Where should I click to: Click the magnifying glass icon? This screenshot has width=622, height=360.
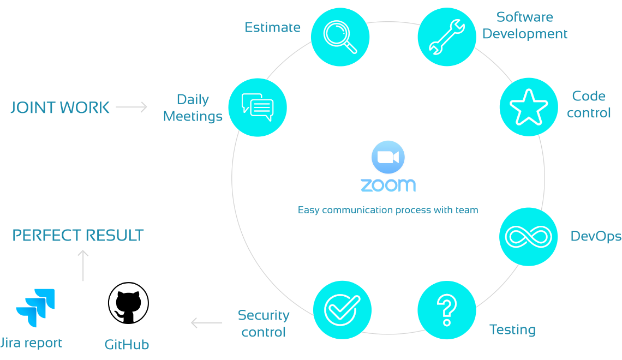[340, 37]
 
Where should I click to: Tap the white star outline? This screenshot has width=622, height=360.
[528, 108]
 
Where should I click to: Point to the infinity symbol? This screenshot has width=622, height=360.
[529, 237]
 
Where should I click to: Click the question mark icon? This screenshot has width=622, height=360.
[447, 309]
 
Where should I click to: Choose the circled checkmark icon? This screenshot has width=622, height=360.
[342, 309]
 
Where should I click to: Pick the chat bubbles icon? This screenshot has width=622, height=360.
[258, 107]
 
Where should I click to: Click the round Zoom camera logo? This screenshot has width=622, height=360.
[387, 158]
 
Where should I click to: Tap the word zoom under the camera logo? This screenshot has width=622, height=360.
[387, 185]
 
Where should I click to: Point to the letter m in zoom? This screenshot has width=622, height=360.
[407, 185]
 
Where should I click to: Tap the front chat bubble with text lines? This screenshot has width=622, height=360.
[261, 110]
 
